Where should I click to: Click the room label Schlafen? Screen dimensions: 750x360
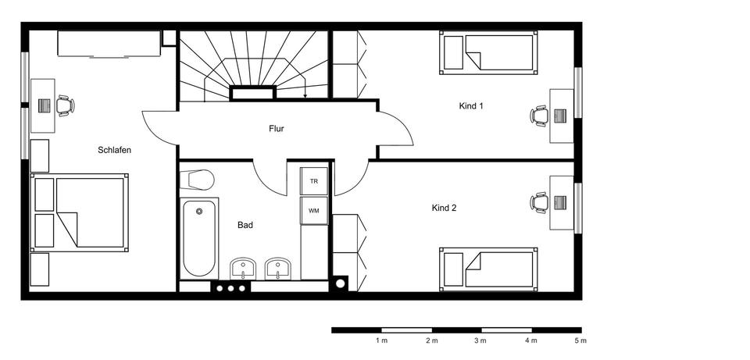[114, 150]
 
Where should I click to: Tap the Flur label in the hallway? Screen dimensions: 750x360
[277, 129]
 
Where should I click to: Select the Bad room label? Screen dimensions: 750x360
[245, 225]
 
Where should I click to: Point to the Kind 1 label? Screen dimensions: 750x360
[470, 106]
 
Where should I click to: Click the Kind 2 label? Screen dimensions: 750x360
[444, 208]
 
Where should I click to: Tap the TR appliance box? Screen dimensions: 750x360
[314, 180]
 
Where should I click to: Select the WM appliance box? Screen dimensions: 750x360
[314, 210]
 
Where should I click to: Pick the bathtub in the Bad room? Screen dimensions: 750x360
[199, 238]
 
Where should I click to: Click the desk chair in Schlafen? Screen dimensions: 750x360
[65, 105]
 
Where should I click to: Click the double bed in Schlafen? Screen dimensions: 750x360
[80, 212]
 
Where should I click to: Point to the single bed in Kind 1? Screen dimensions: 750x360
[488, 52]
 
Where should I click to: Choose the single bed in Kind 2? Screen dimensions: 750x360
[488, 269]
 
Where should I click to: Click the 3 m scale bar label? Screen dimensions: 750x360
[480, 341]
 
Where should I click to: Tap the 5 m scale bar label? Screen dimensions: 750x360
[580, 341]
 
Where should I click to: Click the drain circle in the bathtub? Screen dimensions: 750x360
[199, 211]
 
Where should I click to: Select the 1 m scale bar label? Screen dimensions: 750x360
[381, 341]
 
